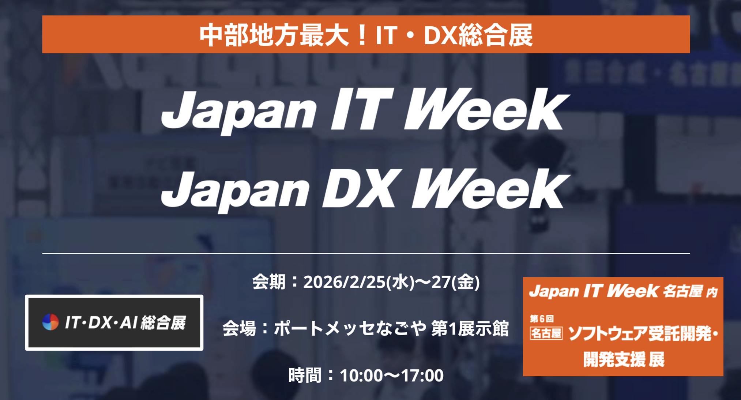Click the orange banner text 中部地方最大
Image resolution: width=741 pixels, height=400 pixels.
point(274,35)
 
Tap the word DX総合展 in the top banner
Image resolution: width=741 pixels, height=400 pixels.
point(478,35)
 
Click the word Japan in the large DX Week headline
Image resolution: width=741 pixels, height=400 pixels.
point(236,190)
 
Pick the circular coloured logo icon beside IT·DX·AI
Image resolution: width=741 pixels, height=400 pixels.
point(50,322)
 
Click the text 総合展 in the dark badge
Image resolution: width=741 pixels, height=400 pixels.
point(163,322)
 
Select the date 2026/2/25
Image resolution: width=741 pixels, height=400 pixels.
point(345,282)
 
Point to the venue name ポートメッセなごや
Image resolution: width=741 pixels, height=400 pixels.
point(350,328)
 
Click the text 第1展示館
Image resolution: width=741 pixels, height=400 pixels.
point(470,328)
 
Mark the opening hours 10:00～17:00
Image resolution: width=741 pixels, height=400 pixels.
point(392,376)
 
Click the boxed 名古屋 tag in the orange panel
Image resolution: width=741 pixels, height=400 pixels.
point(546,333)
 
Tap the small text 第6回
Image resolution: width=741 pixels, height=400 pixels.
point(542,319)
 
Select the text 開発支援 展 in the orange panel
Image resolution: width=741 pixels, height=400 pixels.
point(624,359)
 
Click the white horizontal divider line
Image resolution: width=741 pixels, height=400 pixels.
point(366,253)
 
